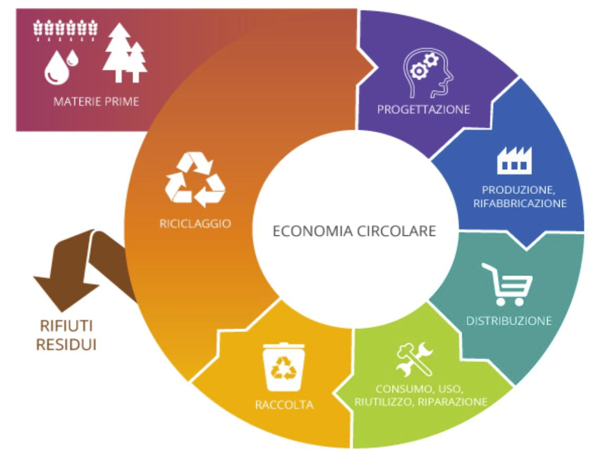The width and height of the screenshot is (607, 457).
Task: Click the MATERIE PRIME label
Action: coord(96,102)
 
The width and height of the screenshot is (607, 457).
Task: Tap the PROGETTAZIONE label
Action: coord(423,109)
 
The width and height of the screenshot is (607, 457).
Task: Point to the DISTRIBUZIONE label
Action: coord(509,321)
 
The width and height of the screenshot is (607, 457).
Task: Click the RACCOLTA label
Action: coord(284,405)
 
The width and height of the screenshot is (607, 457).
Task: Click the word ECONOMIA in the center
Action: coord(313,231)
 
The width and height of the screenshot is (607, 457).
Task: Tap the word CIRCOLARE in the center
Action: coord(397,231)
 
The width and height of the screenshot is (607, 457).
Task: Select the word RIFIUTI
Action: coord(66,326)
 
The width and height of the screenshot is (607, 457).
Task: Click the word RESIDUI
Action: coord(66,344)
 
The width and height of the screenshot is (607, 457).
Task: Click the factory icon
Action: coord(514,160)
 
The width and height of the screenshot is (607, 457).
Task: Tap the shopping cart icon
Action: coord(507,284)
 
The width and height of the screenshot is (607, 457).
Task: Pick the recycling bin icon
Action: coord(284,367)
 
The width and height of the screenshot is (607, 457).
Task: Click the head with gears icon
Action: coord(428,73)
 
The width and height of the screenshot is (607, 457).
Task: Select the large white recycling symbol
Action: coord(195,180)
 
